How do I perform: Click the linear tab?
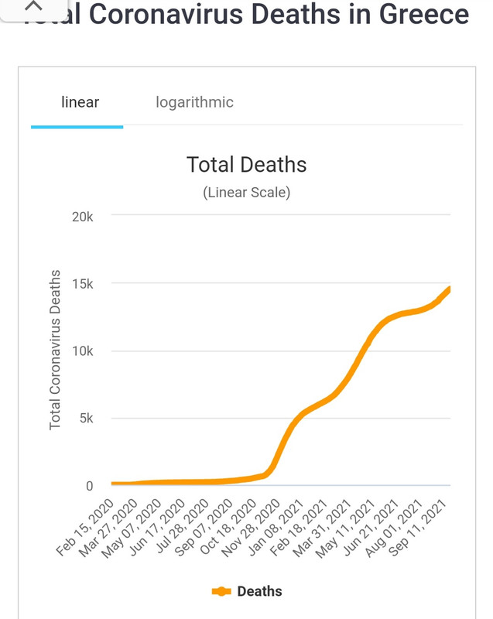tap(80, 102)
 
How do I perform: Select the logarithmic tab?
tap(194, 102)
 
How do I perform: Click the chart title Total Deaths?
tap(246, 165)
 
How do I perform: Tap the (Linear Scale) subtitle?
tap(246, 193)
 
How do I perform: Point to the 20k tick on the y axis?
tap(82, 217)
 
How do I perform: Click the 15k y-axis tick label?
tap(82, 284)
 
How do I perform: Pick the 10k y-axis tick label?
tap(82, 351)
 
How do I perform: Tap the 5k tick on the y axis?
tap(85, 419)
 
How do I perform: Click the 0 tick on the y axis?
tap(89, 486)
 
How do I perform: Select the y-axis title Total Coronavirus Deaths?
tap(55, 350)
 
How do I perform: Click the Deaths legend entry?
tap(247, 591)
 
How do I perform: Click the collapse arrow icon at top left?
tap(33, 6)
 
